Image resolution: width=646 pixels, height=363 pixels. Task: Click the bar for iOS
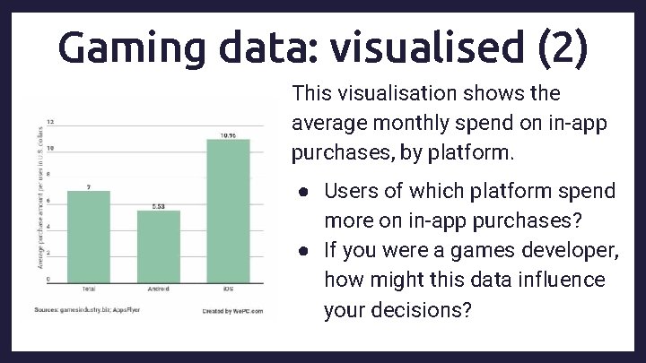pos(228,210)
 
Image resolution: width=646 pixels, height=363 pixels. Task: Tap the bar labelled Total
pos(89,235)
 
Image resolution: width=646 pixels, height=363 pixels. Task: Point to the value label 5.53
pos(158,206)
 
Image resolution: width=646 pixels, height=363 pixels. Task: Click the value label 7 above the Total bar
pos(88,186)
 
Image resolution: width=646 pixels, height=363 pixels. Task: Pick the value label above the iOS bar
pos(228,135)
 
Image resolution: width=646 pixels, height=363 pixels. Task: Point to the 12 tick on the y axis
pos(50,122)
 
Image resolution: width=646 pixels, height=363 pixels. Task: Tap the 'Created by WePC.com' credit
pos(232,310)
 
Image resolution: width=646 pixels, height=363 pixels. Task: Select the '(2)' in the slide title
pos(563,48)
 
